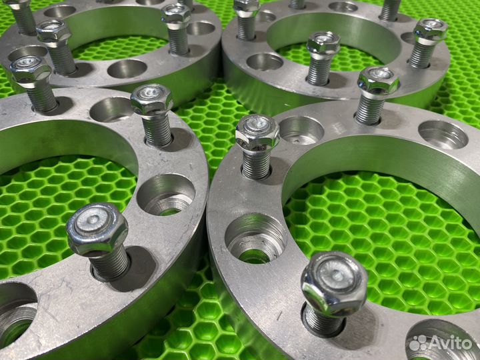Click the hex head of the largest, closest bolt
(x=334, y=283)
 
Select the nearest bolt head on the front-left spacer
(x=97, y=229)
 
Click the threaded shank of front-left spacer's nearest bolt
(x=109, y=264)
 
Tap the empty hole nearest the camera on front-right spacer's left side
(x=255, y=238)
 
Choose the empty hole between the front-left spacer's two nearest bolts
(x=166, y=195)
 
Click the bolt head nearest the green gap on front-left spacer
(x=152, y=99)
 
